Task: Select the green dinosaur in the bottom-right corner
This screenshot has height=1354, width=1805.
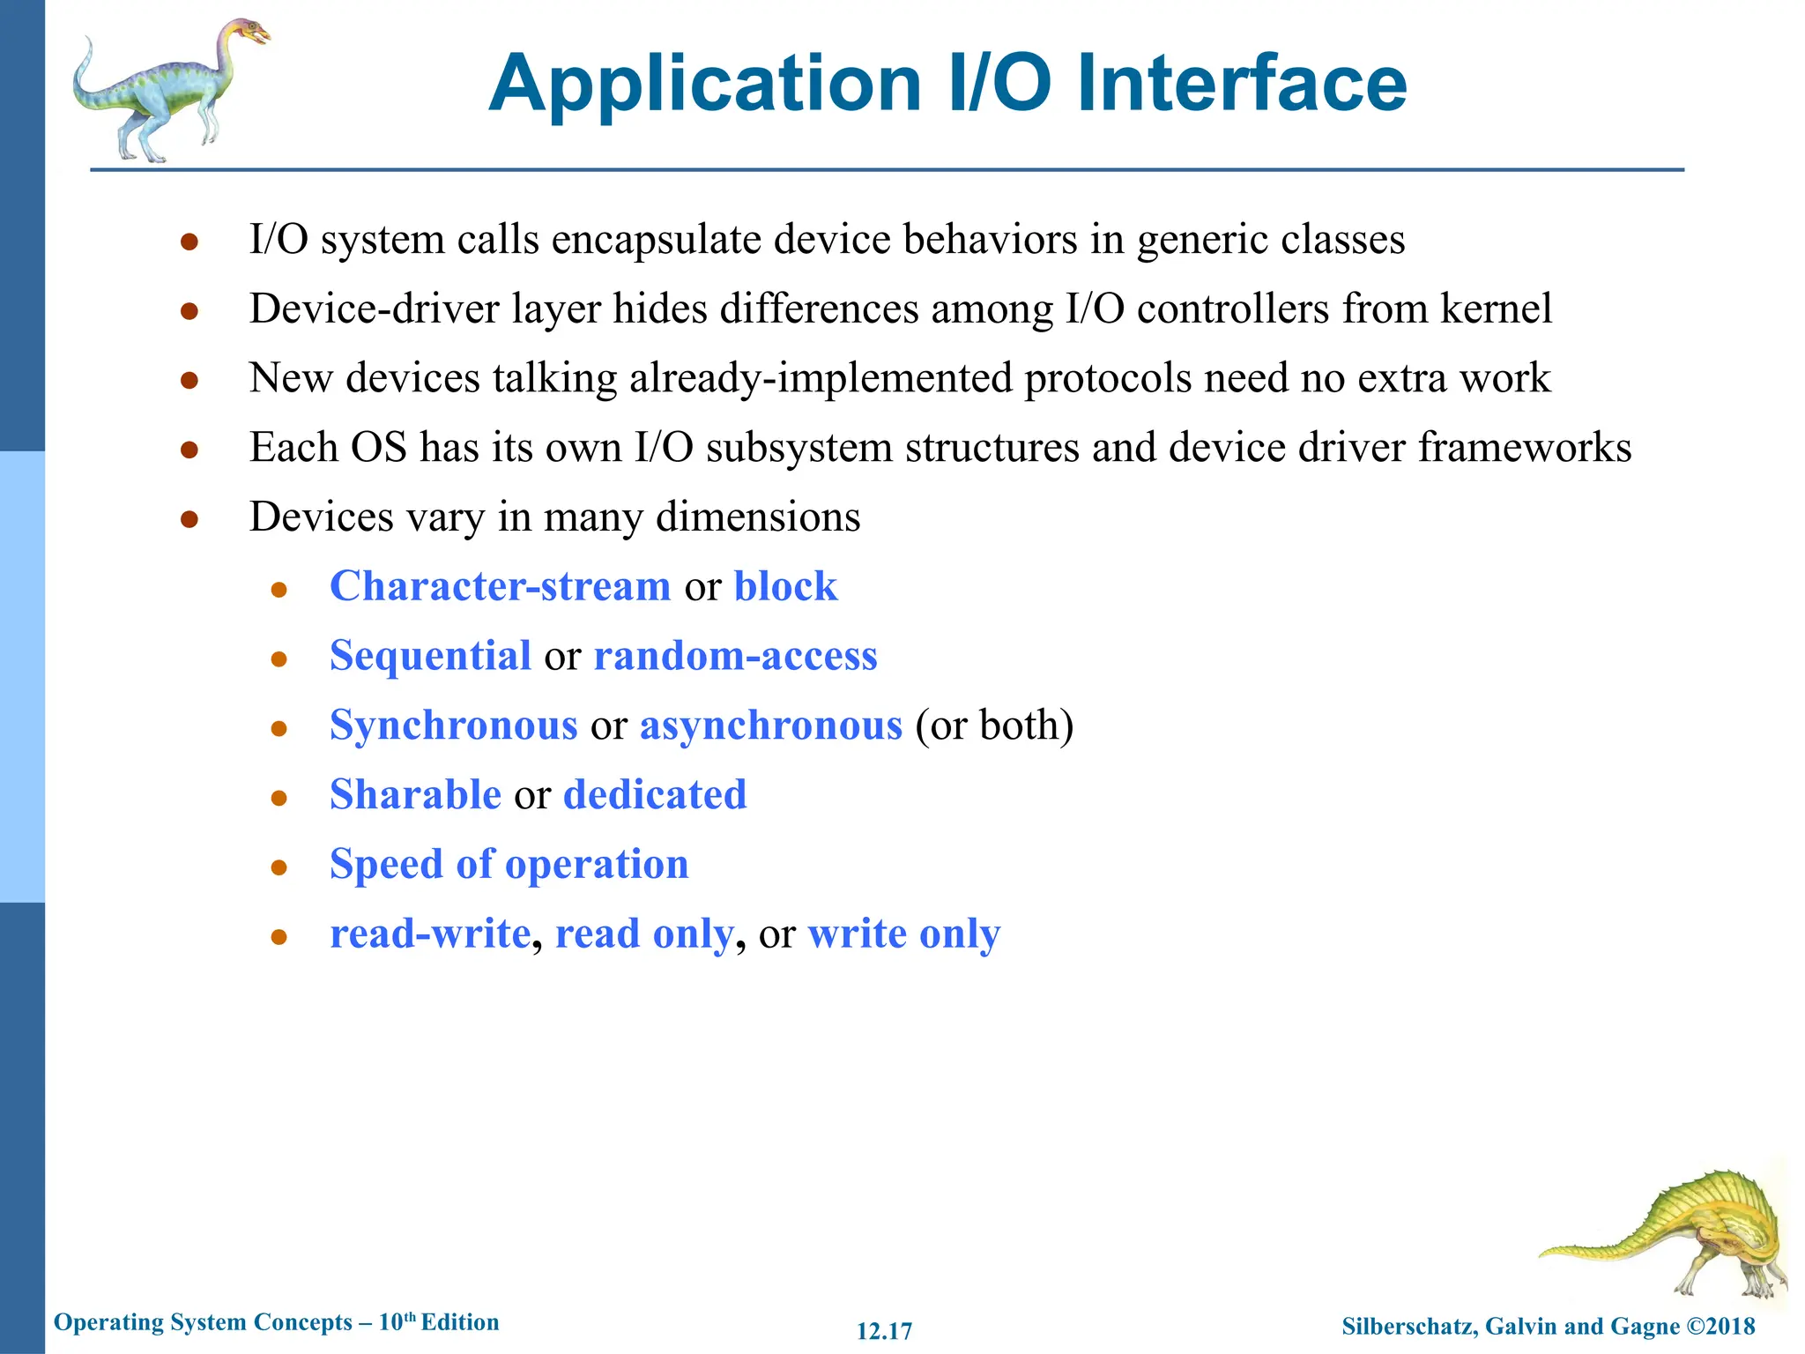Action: click(1675, 1234)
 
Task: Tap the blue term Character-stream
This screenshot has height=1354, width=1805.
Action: click(500, 587)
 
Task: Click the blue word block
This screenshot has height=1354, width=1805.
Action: click(785, 587)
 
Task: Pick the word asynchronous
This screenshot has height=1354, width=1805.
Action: click(770, 726)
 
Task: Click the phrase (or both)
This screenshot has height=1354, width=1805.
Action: click(994, 726)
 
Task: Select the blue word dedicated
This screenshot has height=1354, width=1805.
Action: click(654, 795)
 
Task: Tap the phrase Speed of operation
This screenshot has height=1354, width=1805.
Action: click(509, 865)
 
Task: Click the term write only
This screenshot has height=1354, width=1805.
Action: click(903, 934)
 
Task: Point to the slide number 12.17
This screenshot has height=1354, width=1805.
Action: click(884, 1331)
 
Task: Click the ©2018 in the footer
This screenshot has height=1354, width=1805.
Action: click(1720, 1326)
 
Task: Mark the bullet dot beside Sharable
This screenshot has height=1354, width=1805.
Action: click(279, 799)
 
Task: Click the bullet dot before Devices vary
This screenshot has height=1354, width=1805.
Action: click(189, 520)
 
